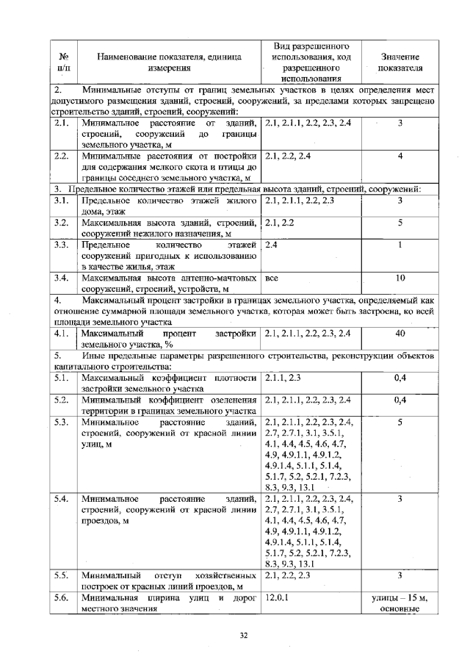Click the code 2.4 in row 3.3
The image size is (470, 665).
[272, 244]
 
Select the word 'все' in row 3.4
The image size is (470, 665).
[272, 277]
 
